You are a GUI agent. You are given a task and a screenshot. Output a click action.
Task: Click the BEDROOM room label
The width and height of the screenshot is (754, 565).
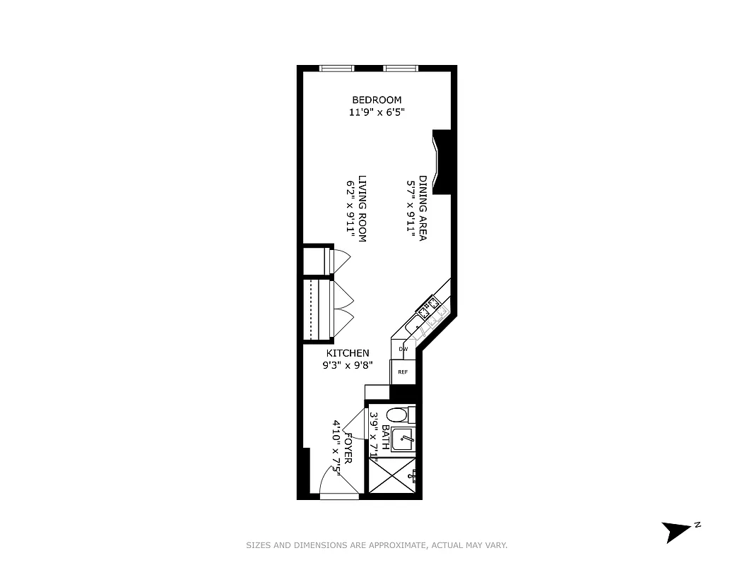[x=377, y=100]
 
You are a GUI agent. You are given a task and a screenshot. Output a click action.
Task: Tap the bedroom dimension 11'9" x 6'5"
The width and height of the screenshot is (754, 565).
[x=377, y=112]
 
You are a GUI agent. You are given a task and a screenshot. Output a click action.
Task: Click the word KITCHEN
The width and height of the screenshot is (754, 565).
[x=347, y=353]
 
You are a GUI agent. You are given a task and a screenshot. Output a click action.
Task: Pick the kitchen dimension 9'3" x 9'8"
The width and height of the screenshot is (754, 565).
[x=347, y=365]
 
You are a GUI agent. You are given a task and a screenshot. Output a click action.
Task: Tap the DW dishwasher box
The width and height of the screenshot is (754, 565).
[x=403, y=349]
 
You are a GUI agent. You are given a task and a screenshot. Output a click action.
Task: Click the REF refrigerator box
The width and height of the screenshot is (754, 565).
[x=403, y=371]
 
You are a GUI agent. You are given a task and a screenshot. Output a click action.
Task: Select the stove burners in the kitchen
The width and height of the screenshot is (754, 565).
[x=430, y=309]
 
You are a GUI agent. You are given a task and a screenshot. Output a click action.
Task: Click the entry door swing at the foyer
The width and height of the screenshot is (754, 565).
[x=329, y=483]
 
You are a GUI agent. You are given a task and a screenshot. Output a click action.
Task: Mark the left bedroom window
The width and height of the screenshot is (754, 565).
[x=336, y=69]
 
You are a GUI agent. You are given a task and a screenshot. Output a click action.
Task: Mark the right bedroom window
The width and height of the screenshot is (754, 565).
[x=401, y=69]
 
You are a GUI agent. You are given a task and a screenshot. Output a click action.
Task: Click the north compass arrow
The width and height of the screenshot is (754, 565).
[x=676, y=530]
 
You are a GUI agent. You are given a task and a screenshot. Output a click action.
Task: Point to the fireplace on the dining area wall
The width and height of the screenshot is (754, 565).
[x=441, y=162]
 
